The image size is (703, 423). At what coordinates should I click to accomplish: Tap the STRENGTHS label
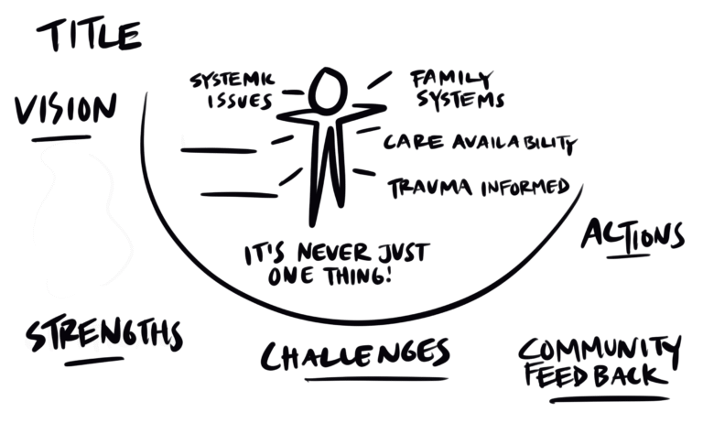103,335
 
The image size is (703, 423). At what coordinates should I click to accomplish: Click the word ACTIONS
633,236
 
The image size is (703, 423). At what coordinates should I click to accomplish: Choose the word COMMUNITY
600,350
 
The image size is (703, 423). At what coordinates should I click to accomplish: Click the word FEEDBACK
592,375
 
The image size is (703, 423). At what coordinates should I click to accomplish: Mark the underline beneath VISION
60,138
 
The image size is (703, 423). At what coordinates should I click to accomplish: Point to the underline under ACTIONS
628,255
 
